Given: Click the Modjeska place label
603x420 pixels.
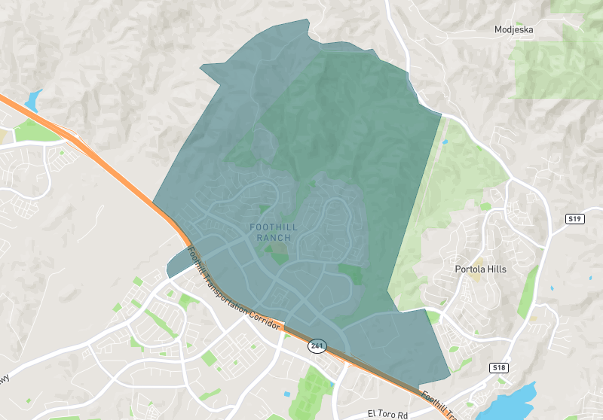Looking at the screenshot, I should (513, 30).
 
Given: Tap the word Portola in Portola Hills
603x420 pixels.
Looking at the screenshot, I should (470, 269).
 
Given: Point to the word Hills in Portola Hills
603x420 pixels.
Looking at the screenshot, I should (496, 269).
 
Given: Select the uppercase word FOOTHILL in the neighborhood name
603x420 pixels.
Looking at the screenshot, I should (272, 227).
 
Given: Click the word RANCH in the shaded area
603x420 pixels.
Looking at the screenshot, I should (273, 238).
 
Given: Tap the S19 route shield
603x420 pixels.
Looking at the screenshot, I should (576, 218).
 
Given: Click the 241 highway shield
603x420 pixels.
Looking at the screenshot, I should (317, 346).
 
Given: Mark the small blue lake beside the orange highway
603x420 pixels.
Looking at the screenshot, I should (32, 100).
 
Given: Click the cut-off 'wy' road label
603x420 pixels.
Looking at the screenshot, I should (5, 379).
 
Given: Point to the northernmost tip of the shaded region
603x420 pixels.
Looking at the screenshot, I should (306, 20).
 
